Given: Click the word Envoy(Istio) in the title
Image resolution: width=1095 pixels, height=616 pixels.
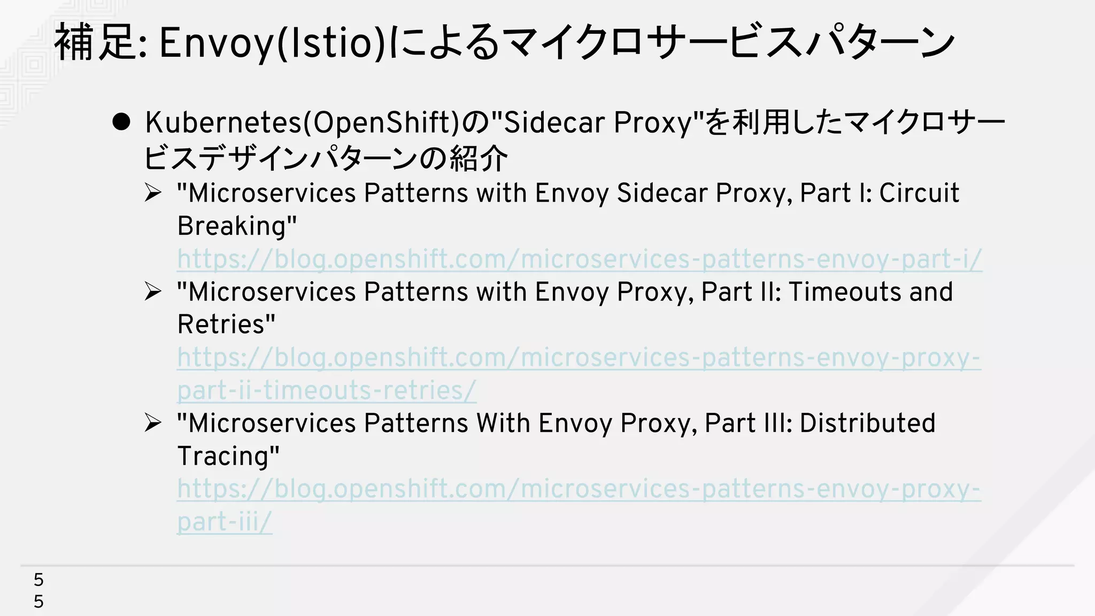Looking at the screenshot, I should point(272,43).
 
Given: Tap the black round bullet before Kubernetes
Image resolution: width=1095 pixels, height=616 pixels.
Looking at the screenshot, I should point(121,122).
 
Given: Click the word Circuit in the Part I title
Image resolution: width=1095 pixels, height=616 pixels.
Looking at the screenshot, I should point(919,193).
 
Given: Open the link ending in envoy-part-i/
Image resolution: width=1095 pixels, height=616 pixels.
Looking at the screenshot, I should point(580,259).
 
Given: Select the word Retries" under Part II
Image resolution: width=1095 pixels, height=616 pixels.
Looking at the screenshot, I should point(226,325).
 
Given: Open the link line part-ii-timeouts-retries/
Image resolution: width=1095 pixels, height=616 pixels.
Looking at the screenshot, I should point(326,390).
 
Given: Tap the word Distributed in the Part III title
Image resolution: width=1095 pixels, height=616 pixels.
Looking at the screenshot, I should point(867,423).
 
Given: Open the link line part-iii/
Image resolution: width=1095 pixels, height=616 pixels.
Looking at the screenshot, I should point(225,522).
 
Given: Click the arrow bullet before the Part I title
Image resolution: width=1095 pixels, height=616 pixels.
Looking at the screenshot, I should point(153,192).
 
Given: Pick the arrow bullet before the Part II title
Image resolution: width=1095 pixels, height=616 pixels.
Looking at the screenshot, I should point(153,291).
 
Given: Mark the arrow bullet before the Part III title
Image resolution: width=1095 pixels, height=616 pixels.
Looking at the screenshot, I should point(153,423).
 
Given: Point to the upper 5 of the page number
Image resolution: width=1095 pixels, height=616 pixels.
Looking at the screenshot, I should point(38,580).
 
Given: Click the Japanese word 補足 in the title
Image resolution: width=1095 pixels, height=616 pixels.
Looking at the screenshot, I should point(94,43).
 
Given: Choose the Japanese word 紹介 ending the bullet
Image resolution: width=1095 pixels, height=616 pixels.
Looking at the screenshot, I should point(479,159).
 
